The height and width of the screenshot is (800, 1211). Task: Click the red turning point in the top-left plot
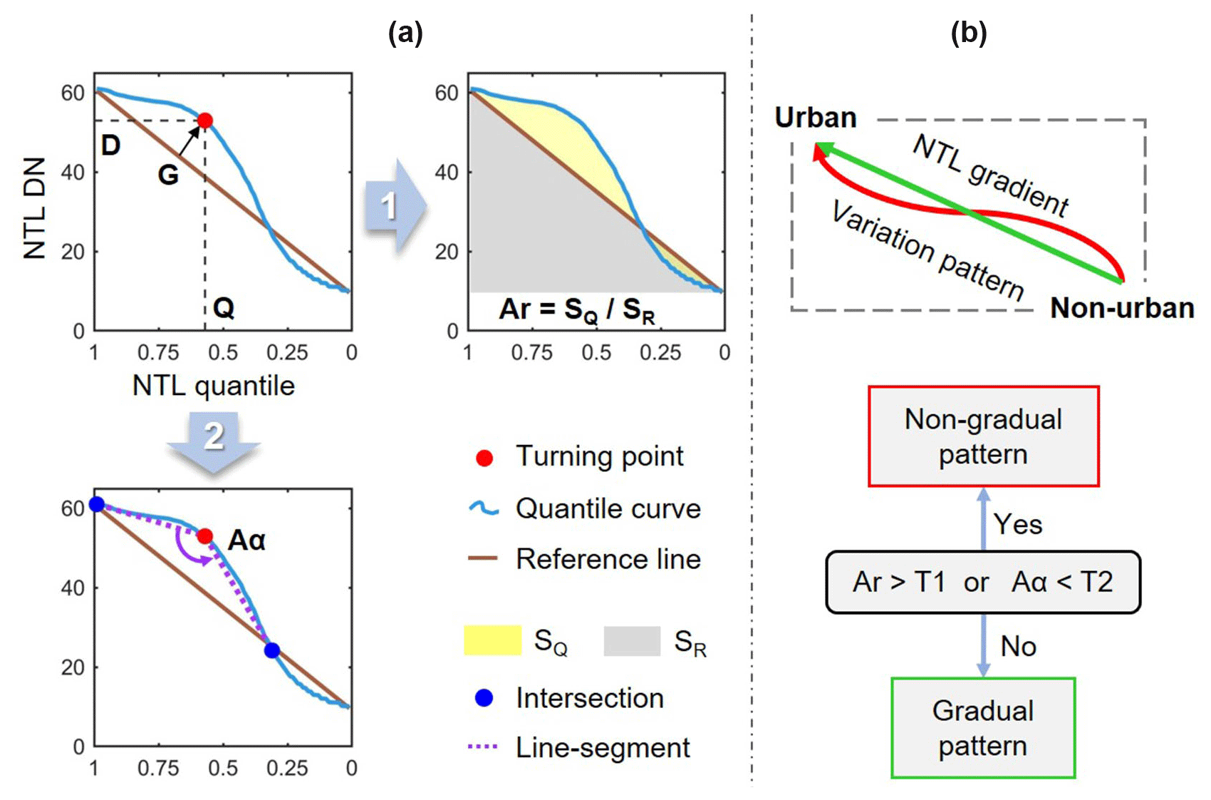[x=204, y=120]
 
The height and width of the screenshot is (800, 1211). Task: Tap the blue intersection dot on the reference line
[x=271, y=650]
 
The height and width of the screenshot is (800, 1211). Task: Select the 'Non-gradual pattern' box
[x=983, y=436]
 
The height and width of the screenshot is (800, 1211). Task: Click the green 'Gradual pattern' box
[x=983, y=728]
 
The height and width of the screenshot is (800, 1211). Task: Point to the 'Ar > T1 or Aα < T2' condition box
[x=983, y=582]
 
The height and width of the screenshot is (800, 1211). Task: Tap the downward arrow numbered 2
[x=214, y=442]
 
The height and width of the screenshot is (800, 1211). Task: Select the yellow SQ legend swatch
[x=492, y=640]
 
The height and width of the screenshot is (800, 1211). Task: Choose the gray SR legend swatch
[x=632, y=640]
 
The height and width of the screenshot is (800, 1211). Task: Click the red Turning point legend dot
[x=484, y=458]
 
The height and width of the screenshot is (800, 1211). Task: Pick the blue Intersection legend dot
[x=484, y=698]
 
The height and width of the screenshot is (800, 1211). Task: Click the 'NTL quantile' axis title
[x=214, y=386]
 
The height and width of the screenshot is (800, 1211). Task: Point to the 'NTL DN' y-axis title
[x=34, y=207]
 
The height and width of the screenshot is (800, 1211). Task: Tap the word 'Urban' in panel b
[x=816, y=118]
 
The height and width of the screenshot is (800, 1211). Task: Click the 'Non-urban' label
[x=1122, y=308]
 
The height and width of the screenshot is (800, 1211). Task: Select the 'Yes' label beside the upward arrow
[x=1018, y=525]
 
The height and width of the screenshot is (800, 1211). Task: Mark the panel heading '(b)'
[x=969, y=33]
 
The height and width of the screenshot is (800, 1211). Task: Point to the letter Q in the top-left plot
[x=224, y=308]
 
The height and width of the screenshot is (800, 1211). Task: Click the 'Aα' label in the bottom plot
[x=246, y=540]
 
